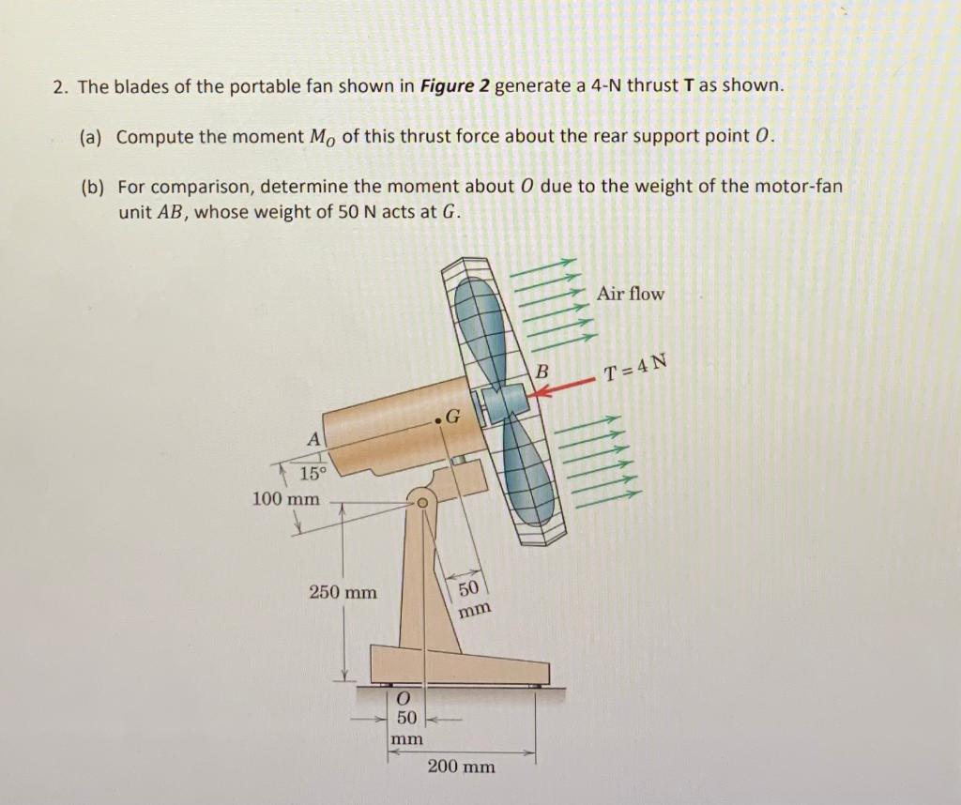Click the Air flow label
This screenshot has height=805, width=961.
(x=630, y=294)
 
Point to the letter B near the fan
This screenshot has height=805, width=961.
(x=542, y=372)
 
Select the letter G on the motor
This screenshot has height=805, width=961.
(x=451, y=416)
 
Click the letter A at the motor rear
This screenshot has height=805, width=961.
(x=313, y=439)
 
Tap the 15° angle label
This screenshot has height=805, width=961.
(x=313, y=473)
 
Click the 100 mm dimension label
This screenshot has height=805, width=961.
(x=285, y=498)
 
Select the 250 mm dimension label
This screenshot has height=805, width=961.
(x=343, y=592)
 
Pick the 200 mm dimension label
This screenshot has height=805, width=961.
(x=461, y=767)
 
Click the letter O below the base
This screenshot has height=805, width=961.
(x=403, y=699)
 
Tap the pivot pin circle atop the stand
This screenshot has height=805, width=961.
(x=422, y=504)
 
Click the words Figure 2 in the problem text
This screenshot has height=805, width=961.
(x=455, y=86)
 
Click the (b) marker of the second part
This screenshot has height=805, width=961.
(x=91, y=186)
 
